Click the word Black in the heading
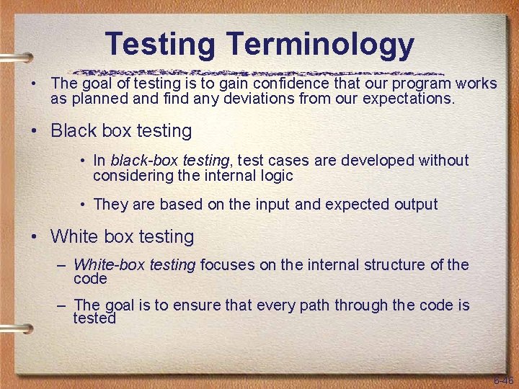coord(74,131)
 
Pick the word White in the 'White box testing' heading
coord(76,236)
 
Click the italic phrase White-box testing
coord(134,265)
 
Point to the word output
coord(415,205)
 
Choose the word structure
coord(391,265)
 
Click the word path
coord(329,305)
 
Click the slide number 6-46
coord(502,380)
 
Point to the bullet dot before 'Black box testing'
coord(34,133)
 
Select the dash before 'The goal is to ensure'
coord(62,305)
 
